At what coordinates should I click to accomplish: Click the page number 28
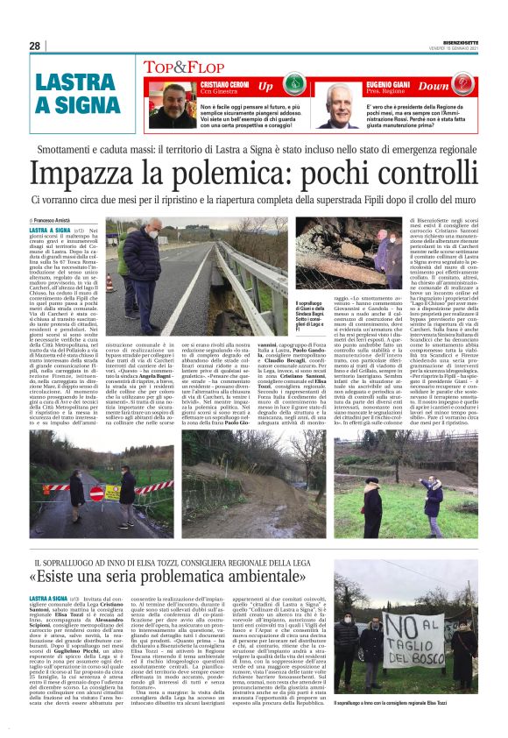(35, 46)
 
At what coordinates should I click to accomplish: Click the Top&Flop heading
(178, 65)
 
